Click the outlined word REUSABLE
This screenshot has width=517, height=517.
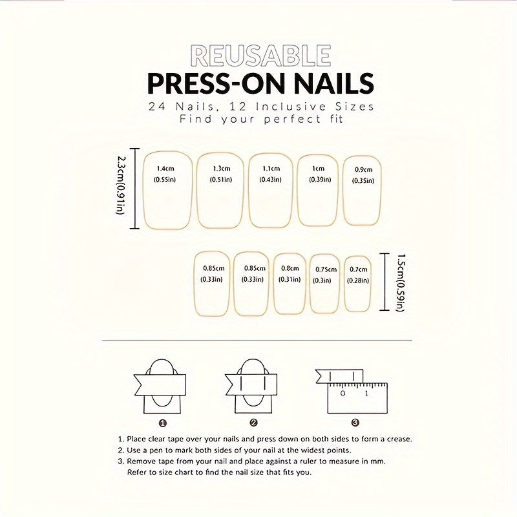point(260,57)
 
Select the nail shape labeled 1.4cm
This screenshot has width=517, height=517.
point(165,190)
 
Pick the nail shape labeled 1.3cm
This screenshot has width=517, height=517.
point(222,191)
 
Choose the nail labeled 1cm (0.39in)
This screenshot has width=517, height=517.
point(318,190)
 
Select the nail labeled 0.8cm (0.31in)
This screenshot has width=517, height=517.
point(290,282)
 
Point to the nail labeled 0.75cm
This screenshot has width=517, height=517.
point(325,284)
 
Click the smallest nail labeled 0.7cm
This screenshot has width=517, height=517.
point(358,284)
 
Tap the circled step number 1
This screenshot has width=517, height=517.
point(163,423)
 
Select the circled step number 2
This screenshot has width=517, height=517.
point(254,423)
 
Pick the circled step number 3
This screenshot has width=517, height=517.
point(355,423)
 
